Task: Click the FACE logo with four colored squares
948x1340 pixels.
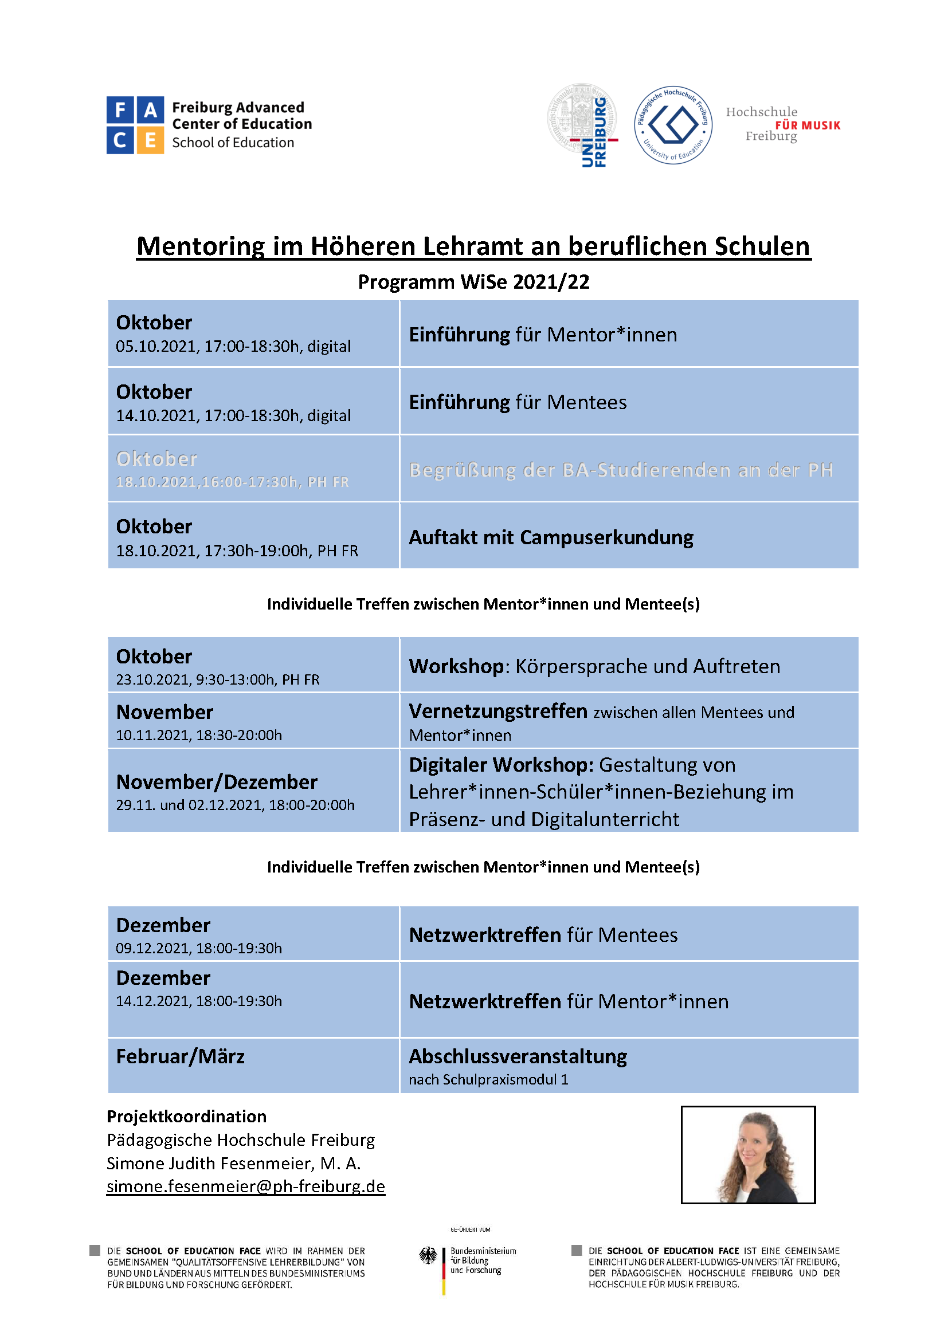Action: (135, 125)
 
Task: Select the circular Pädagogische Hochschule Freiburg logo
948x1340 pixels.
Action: (673, 125)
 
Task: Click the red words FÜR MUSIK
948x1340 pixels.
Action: (808, 125)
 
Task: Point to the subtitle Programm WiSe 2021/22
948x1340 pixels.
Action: (473, 282)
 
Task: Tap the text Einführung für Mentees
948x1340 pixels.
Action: (517, 402)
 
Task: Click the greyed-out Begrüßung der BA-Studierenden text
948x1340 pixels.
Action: (621, 470)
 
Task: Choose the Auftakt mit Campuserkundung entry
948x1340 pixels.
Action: (550, 537)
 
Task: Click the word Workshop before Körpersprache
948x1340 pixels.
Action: (456, 666)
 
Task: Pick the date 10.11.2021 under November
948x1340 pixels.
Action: (154, 736)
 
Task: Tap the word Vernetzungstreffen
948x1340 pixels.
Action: (497, 711)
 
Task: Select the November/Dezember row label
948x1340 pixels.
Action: (217, 781)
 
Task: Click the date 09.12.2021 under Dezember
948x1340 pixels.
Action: (154, 948)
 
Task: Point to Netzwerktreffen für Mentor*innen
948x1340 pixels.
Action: (569, 1001)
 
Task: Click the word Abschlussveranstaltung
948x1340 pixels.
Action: (518, 1056)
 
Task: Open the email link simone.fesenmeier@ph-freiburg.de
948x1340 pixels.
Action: (246, 1186)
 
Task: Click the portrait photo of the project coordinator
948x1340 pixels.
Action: (748, 1155)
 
